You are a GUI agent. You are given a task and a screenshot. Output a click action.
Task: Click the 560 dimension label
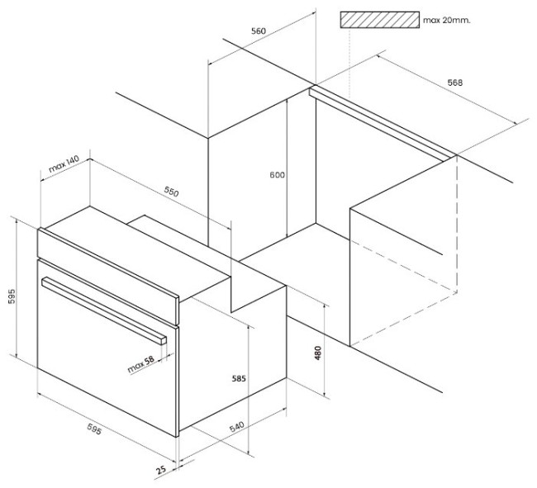[x=259, y=31]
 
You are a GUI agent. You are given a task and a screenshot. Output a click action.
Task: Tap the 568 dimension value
[x=455, y=83]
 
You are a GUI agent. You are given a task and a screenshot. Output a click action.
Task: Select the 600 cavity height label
[x=277, y=175]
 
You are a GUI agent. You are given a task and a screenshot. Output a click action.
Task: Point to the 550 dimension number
[x=171, y=192]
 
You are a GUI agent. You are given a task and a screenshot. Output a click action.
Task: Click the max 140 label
[x=64, y=164]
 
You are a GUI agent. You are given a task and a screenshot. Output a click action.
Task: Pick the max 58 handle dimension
[x=140, y=365]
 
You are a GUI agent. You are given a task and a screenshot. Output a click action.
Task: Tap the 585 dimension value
[x=239, y=378]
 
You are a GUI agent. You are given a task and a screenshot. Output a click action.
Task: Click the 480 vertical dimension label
[x=318, y=353]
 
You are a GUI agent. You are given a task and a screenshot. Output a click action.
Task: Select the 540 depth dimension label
[x=236, y=427]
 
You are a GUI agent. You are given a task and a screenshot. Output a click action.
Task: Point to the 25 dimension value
[x=161, y=469]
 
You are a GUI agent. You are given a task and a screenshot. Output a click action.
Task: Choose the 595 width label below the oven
[x=94, y=429]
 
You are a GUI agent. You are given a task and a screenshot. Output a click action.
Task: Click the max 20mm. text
[x=447, y=20]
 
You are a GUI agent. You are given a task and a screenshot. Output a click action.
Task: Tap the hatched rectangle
[x=379, y=20]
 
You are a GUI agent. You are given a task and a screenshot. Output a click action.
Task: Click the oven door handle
[x=104, y=310]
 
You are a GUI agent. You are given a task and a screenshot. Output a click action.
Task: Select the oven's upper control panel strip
[x=108, y=276]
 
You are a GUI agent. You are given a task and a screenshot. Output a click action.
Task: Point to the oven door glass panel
[x=107, y=348]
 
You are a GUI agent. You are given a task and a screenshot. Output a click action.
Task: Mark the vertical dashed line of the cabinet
[x=457, y=224]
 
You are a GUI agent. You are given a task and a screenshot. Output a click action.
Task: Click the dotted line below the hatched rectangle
[x=349, y=64]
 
